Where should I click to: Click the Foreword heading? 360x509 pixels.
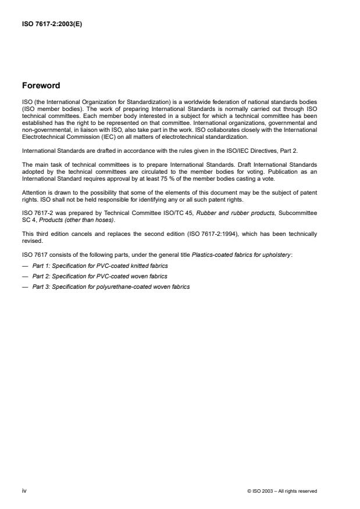click(41, 85)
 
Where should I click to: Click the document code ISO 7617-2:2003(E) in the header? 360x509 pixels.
click(52, 24)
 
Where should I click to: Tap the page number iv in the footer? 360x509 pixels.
click(24, 491)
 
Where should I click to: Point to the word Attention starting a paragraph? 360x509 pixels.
click(34, 192)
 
